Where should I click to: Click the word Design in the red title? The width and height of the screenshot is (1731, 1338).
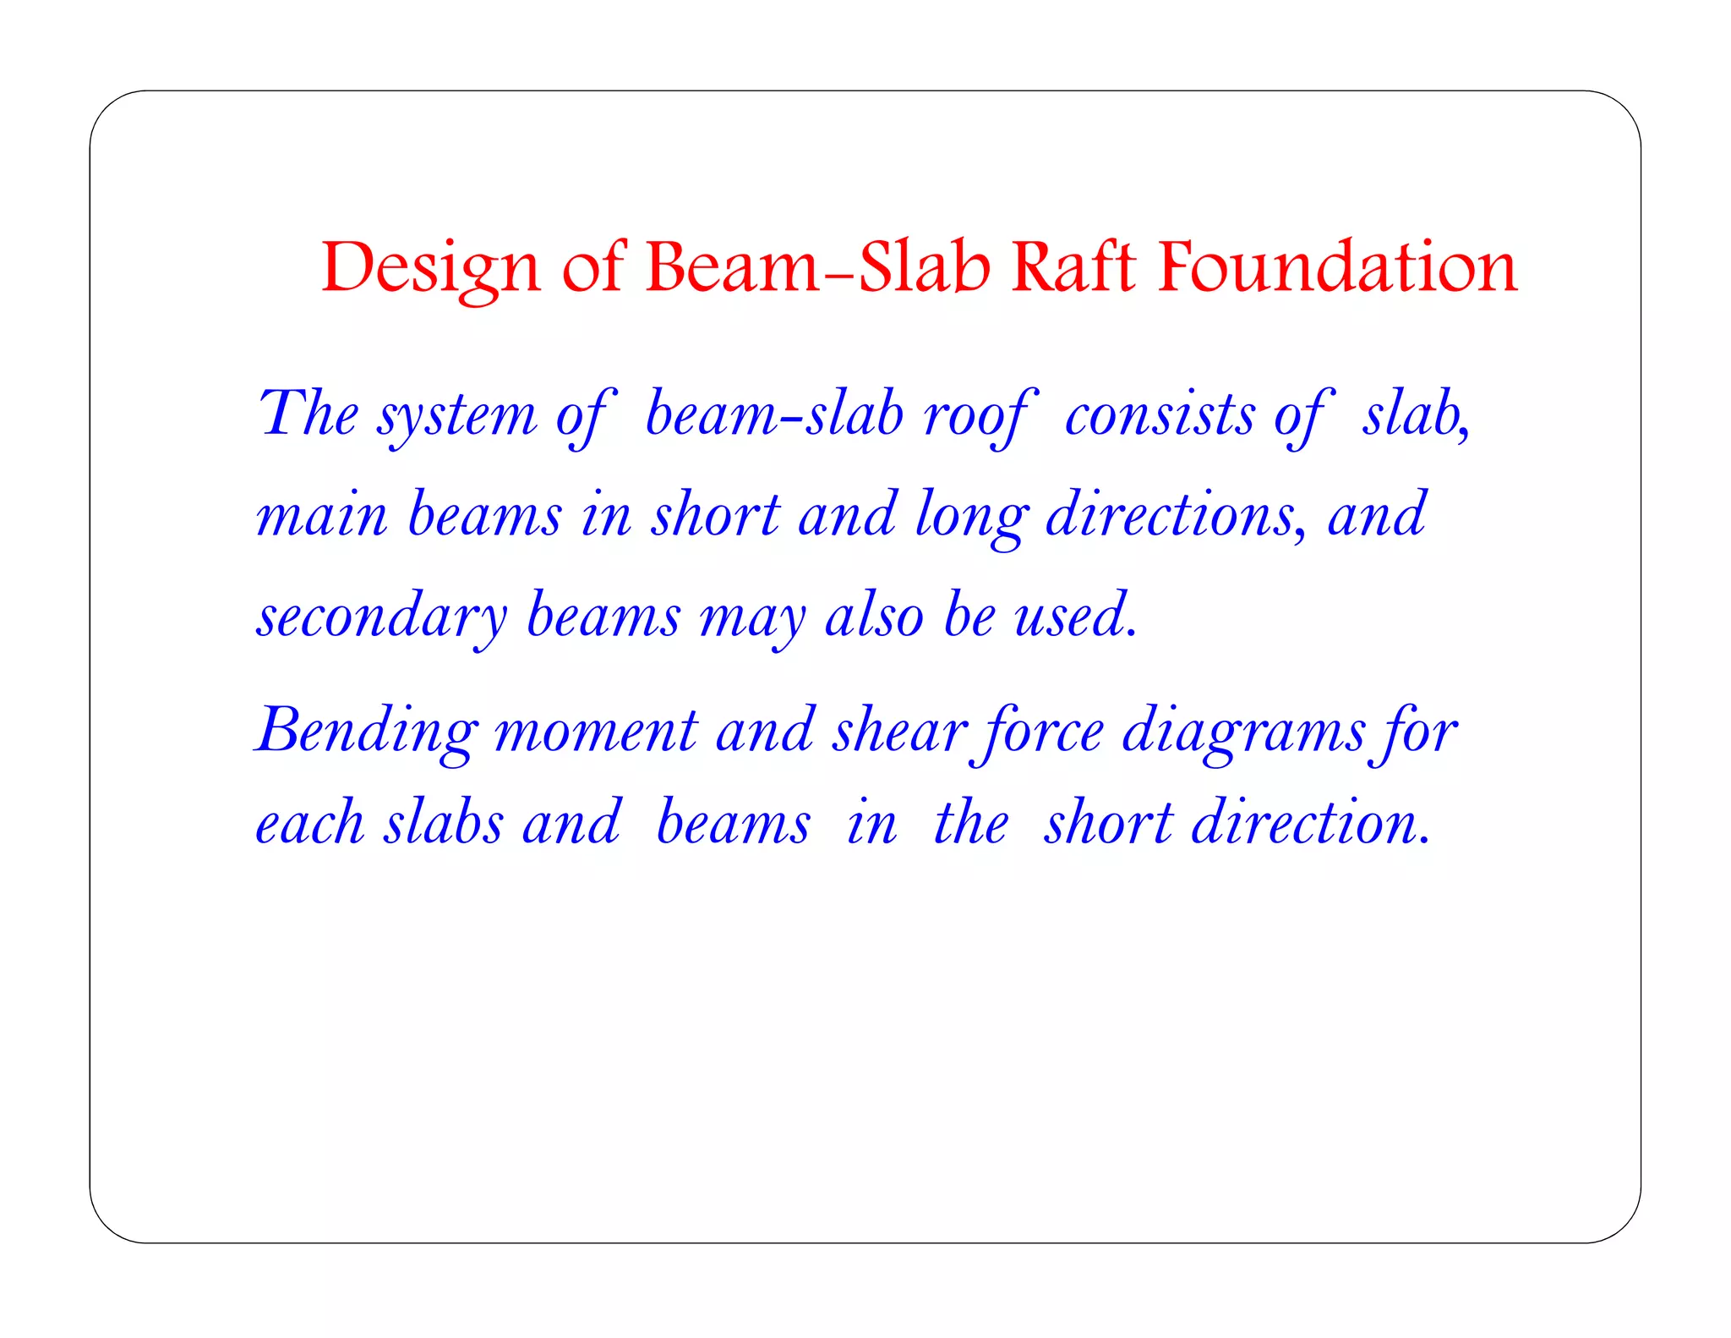click(430, 269)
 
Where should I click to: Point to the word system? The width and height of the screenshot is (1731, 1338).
click(456, 415)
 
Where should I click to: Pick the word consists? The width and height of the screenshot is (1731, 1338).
click(1159, 415)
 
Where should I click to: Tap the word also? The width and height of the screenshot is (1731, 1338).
click(874, 615)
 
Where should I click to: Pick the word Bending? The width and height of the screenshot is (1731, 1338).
click(366, 732)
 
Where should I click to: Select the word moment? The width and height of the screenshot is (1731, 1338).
click(596, 732)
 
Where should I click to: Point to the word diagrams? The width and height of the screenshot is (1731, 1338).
click(1243, 732)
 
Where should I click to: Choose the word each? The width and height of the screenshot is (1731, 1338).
click(309, 823)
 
